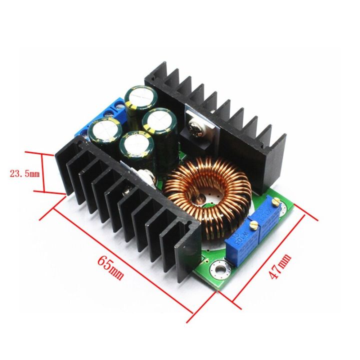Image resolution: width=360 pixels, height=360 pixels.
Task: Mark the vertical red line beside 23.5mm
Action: tap(44, 173)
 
